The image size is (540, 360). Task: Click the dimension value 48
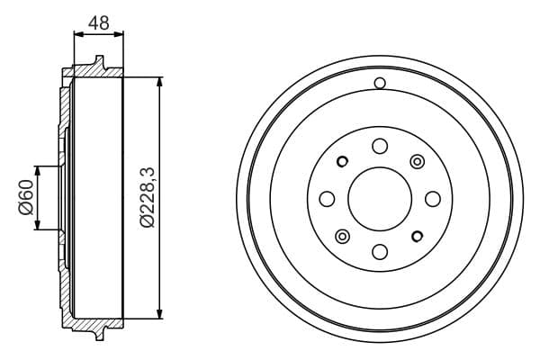(99, 22)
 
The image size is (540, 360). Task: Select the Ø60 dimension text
(25, 198)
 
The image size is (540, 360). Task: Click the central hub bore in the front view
(379, 199)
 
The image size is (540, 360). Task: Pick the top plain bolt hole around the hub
(379, 147)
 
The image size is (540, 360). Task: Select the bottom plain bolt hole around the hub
(379, 251)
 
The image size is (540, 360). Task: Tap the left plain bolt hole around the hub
(327, 199)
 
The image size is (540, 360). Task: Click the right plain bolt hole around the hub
(432, 199)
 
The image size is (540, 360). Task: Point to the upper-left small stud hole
(342, 162)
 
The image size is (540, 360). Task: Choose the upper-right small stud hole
(417, 161)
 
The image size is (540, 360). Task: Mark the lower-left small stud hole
(342, 236)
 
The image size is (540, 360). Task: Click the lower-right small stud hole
(417, 236)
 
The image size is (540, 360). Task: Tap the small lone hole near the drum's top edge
(380, 84)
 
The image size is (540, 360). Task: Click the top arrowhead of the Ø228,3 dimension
(160, 82)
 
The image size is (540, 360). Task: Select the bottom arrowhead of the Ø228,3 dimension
(160, 314)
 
